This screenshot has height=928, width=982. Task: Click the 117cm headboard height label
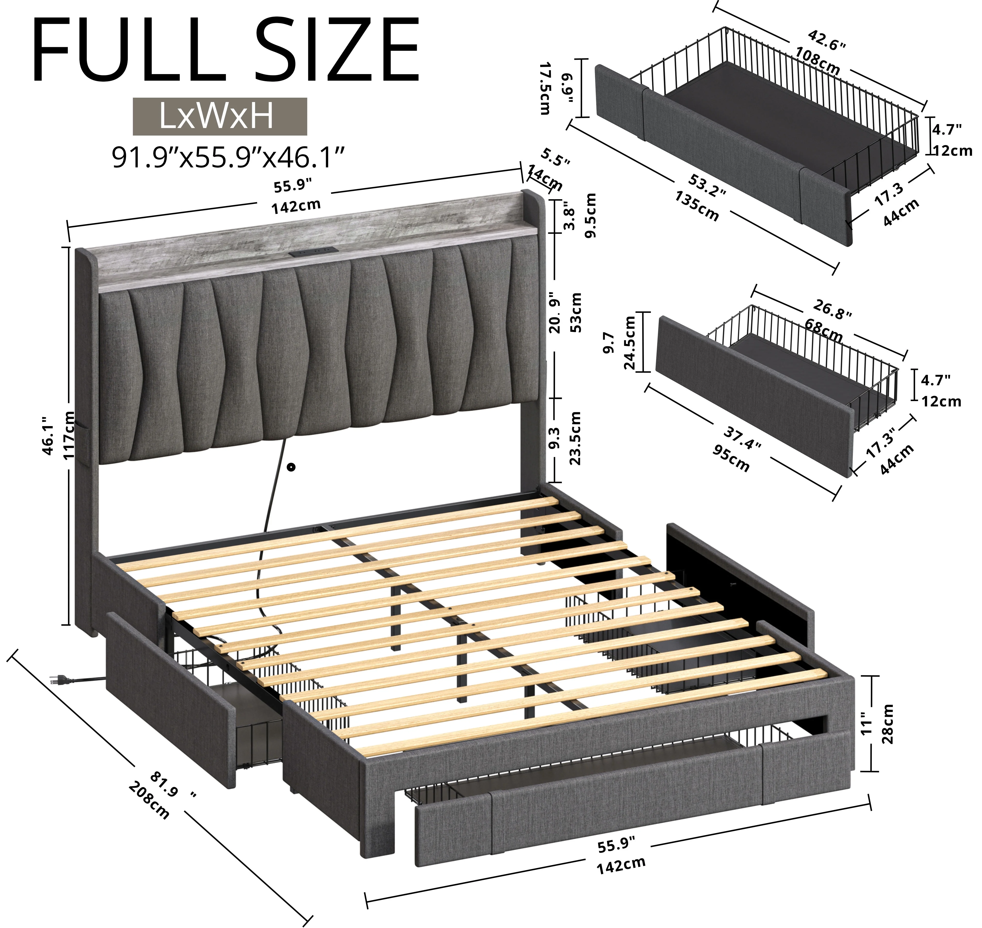69,435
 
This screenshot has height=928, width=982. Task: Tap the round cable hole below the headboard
291,467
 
